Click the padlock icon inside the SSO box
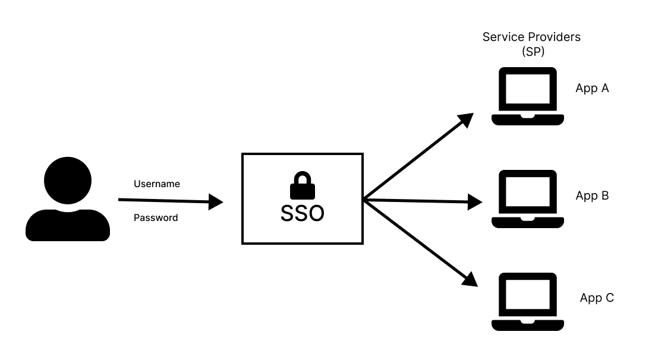[x=302, y=186]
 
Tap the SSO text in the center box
[x=302, y=213]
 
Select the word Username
[x=156, y=184]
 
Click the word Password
[x=156, y=218]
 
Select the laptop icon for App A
[x=527, y=96]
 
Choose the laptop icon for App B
[x=527, y=199]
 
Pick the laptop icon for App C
[x=527, y=302]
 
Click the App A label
[x=592, y=89]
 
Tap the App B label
[x=592, y=195]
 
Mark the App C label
[x=597, y=298]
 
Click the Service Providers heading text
[x=531, y=37]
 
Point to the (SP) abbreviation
[x=533, y=52]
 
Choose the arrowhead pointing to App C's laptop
[x=470, y=280]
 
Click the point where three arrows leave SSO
[x=364, y=200]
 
